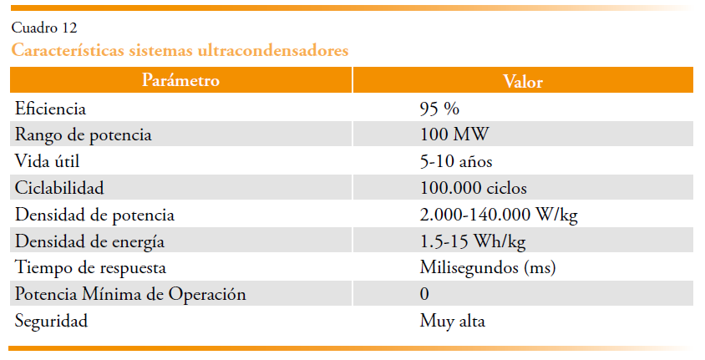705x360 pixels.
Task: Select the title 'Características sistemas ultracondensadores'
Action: [180, 50]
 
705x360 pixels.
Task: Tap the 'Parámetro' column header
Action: [180, 81]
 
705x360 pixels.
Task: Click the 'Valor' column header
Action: [523, 82]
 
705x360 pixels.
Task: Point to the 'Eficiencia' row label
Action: [51, 109]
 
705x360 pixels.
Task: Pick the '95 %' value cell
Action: [440, 109]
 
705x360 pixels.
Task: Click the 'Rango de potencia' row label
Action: [84, 134]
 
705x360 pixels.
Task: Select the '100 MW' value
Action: [454, 134]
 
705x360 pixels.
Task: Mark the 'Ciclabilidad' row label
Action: [59, 188]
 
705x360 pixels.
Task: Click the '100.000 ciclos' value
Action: [473, 188]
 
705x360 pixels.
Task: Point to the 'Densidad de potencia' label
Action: [95, 215]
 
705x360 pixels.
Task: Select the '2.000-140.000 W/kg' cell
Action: [499, 215]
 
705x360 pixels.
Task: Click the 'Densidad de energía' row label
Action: [90, 241]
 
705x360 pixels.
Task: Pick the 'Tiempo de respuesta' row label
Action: [91, 268]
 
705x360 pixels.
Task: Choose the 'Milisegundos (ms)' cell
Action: [488, 268]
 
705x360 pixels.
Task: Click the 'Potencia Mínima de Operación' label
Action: [131, 295]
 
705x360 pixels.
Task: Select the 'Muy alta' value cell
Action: [452, 321]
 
